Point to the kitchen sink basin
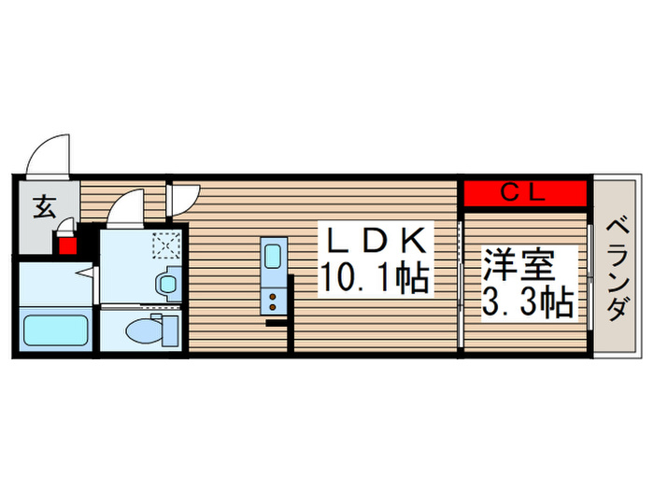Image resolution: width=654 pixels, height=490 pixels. [274, 256]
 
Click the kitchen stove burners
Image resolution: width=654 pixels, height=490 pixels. [274, 301]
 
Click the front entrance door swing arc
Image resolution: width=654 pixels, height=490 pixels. [47, 154]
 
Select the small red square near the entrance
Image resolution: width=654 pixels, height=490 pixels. [67, 247]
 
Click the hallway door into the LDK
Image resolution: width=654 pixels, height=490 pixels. [184, 196]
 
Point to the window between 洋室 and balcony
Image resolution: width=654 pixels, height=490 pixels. [590, 271]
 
